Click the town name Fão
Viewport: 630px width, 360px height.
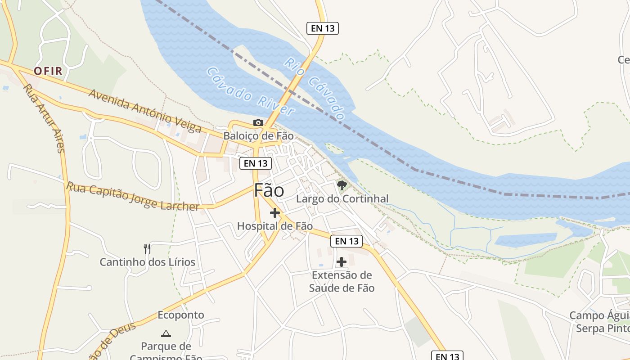click(x=269, y=190)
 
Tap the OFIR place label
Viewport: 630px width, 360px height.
click(x=48, y=71)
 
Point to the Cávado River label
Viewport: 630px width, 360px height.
click(x=250, y=91)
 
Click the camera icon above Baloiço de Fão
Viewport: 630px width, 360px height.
click(x=258, y=122)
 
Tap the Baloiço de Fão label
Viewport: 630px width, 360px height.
click(x=258, y=135)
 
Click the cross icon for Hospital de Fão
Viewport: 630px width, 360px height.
click(x=274, y=213)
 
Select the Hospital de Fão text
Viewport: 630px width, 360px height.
click(x=274, y=226)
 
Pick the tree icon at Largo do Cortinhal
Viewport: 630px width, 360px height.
click(x=342, y=185)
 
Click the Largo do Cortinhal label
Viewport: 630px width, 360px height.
click(x=342, y=198)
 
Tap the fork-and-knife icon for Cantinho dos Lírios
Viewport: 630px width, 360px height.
click(x=147, y=249)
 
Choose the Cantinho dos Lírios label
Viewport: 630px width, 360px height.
click(x=147, y=262)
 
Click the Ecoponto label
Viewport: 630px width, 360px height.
click(x=180, y=315)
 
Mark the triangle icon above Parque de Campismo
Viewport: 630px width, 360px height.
click(x=166, y=333)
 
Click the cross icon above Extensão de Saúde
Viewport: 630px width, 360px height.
click(x=342, y=261)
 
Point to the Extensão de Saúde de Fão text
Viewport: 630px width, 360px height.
click(x=342, y=281)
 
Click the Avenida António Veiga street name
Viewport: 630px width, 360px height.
click(x=145, y=111)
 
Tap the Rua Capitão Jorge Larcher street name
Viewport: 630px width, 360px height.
click(x=133, y=196)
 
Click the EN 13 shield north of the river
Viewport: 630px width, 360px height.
click(x=323, y=28)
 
